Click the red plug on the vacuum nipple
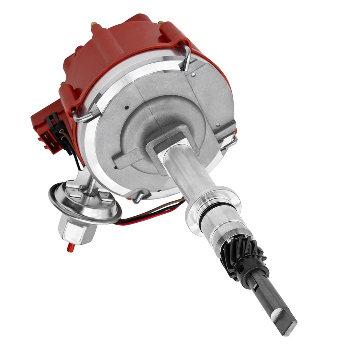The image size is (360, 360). (69, 247)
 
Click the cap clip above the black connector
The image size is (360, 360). (84, 116)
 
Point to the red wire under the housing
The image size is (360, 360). (150, 218)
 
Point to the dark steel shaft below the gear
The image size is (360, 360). (270, 300)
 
